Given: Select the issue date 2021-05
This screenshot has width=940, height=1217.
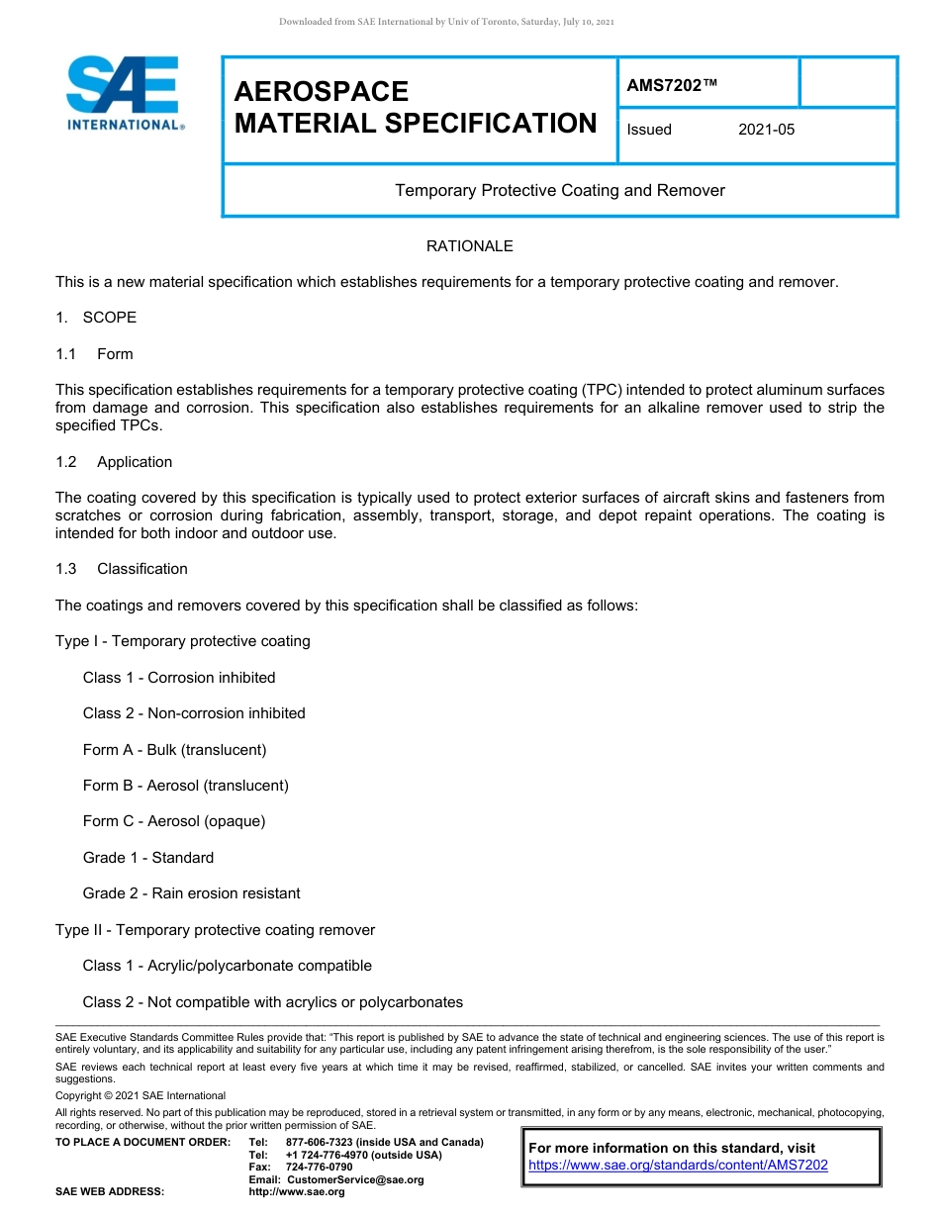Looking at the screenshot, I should point(766,130).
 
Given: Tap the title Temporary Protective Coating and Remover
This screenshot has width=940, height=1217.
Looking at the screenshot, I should point(560,190).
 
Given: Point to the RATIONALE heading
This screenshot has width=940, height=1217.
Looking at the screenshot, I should point(469,246).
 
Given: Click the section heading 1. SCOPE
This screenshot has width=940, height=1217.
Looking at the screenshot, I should point(96,318).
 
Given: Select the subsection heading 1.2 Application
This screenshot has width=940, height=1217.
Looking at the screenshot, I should point(115,462).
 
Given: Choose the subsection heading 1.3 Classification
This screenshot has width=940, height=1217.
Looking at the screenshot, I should point(123,569).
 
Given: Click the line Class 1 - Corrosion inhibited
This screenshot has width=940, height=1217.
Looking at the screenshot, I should point(179,678).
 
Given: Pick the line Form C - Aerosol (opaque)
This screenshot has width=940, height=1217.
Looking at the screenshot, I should point(174,821).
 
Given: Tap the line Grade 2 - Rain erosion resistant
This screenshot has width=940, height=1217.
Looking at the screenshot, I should point(192,893).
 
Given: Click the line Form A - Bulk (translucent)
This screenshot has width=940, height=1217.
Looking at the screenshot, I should point(175,750).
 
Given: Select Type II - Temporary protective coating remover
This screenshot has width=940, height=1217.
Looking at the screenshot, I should point(216,930).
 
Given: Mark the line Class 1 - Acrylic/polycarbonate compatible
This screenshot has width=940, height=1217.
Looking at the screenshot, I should point(228,966).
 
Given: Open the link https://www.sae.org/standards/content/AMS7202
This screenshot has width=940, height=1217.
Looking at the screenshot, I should point(678,1166).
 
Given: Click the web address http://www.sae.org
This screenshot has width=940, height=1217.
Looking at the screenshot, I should point(297,1192).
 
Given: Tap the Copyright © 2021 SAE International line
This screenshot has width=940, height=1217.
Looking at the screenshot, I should point(141,1095).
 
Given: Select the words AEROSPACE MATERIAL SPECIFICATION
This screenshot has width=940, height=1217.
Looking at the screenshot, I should point(416,108).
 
